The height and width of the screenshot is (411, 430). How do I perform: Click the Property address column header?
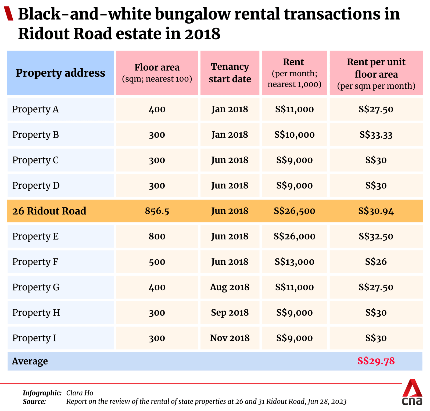[60, 73]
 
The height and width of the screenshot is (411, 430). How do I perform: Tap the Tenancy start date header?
[230, 73]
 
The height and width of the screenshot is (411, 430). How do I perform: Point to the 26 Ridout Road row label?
[49, 211]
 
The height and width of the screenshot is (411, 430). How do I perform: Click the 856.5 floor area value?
[157, 211]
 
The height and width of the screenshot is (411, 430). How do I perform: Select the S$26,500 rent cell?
[294, 211]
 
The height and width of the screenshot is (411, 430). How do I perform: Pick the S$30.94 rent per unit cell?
[376, 211]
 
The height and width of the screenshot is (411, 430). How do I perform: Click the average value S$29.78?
[376, 361]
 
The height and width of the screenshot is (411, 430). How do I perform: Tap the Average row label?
[30, 361]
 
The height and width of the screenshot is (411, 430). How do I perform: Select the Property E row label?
[35, 236]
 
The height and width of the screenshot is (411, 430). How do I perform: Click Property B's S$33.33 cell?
[376, 135]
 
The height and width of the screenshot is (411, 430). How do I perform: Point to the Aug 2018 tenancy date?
[230, 287]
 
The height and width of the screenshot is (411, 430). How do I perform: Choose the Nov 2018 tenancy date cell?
[230, 338]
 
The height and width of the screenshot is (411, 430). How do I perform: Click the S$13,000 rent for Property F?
[294, 262]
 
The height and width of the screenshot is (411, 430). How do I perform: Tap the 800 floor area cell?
[157, 236]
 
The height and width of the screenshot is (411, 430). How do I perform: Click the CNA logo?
[412, 393]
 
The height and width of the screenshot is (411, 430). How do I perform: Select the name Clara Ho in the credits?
[80, 393]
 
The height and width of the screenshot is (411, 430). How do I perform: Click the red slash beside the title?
[9, 14]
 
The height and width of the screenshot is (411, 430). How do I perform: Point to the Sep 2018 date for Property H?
[230, 313]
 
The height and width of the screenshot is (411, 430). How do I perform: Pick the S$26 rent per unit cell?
[376, 262]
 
